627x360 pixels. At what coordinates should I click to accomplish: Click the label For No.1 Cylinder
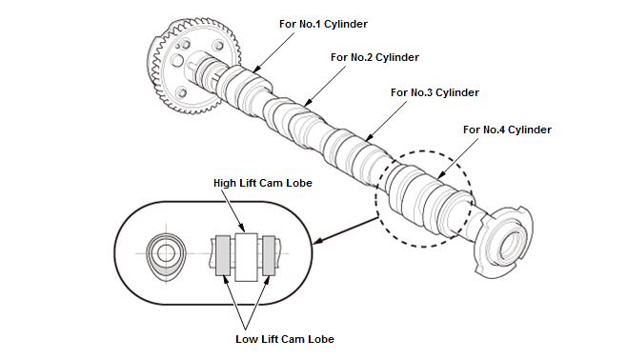(x=323, y=24)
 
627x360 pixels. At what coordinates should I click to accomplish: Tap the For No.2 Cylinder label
(x=374, y=57)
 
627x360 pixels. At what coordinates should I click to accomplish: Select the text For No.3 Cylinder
(x=435, y=92)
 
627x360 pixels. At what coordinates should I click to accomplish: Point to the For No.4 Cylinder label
(x=507, y=130)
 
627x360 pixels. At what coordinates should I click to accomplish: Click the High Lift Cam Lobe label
(x=263, y=183)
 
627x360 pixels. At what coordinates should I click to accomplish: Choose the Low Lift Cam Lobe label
(x=285, y=339)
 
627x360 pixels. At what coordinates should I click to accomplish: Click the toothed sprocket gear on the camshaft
(x=194, y=66)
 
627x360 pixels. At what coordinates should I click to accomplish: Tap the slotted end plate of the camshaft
(x=505, y=242)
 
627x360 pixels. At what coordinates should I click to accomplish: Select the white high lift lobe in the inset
(x=246, y=257)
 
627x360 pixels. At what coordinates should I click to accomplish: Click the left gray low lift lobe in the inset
(x=223, y=256)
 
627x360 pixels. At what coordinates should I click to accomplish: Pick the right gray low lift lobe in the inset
(x=269, y=256)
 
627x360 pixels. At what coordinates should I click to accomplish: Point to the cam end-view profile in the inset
(x=166, y=256)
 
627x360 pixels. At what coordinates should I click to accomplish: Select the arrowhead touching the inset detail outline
(x=317, y=241)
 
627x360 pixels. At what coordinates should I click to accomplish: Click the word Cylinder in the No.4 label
(x=530, y=130)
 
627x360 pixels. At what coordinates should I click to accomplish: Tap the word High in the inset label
(x=225, y=183)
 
